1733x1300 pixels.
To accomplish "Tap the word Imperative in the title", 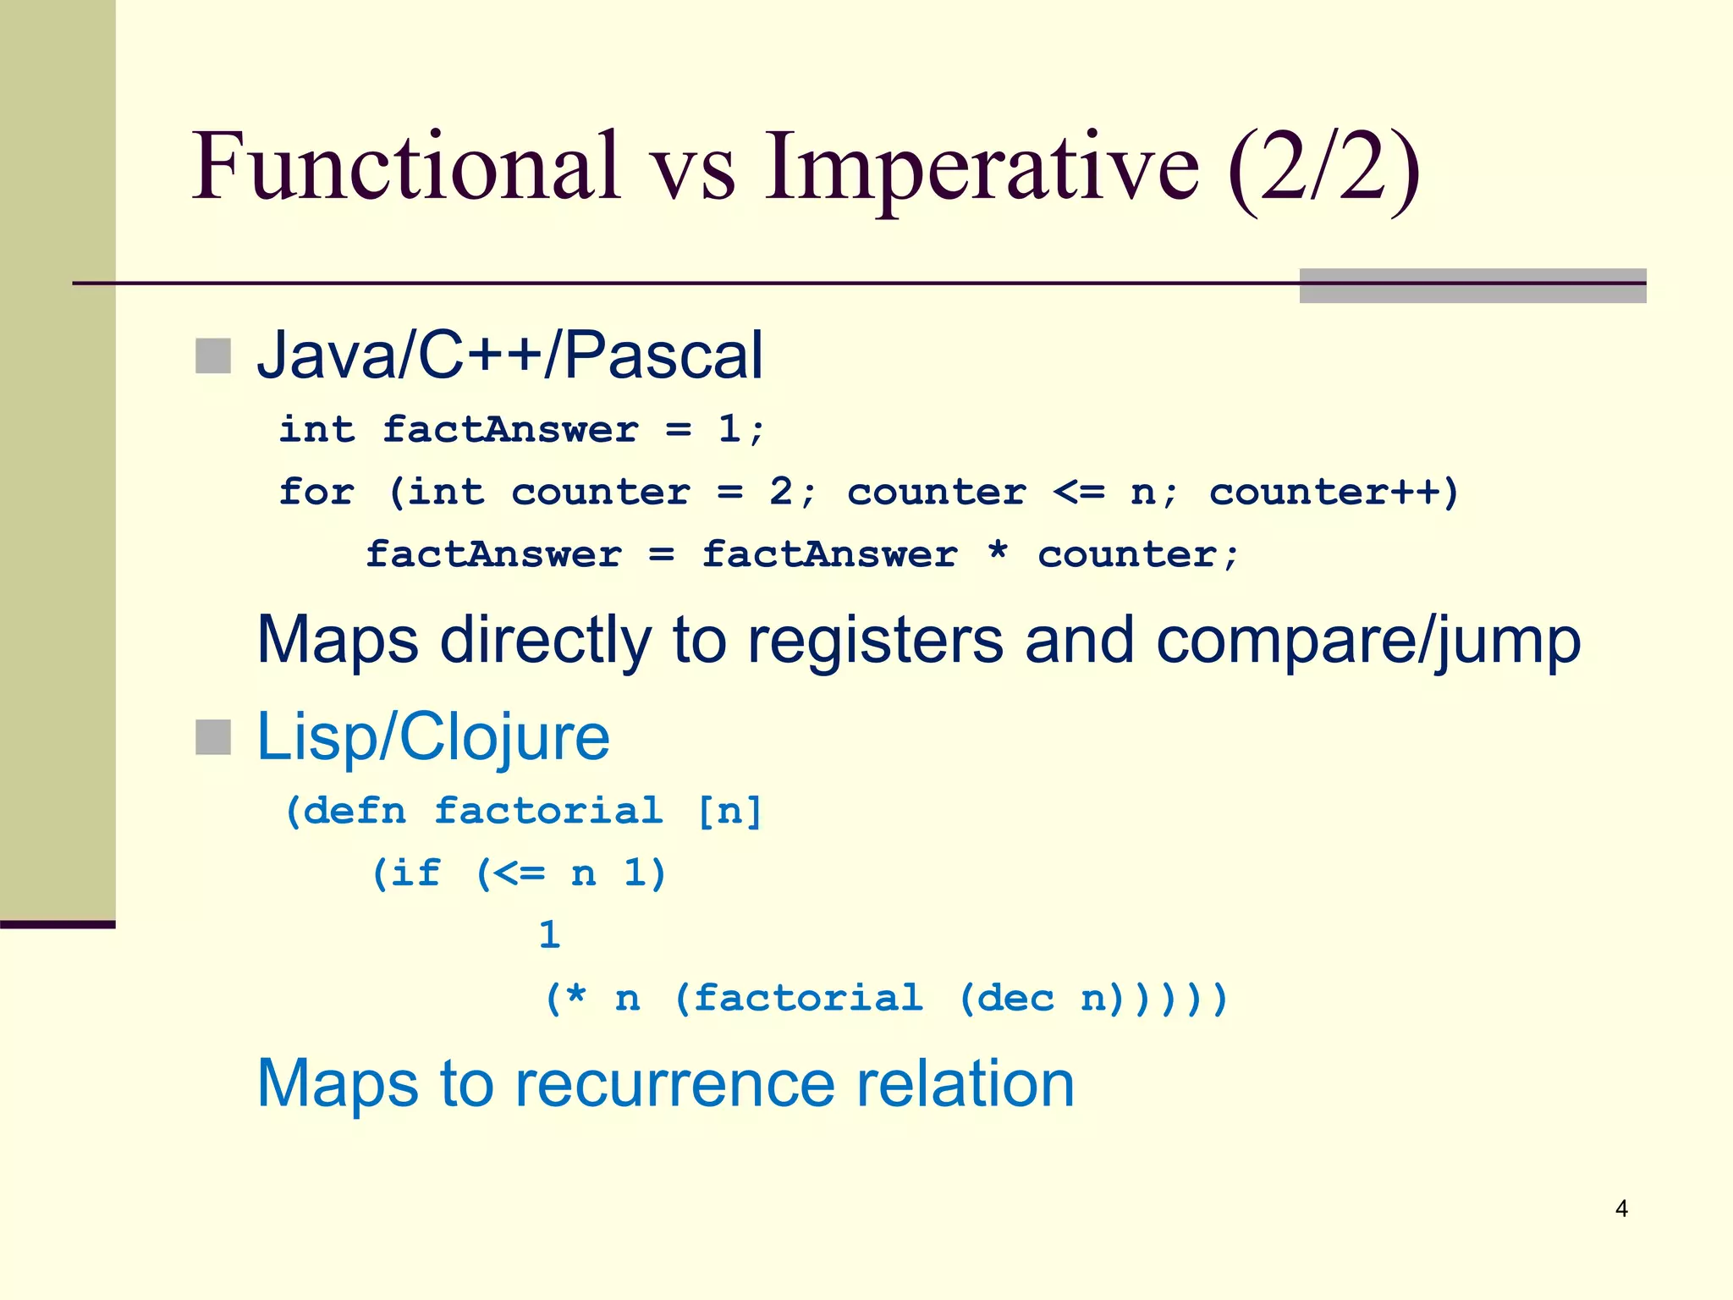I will (982, 169).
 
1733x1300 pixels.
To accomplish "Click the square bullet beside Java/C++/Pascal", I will (213, 356).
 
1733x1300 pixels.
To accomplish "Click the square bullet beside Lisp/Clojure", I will (213, 737).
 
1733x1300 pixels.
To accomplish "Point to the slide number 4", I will (1621, 1209).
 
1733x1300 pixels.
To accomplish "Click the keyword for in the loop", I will (316, 492).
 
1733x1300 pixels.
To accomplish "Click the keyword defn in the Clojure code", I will (355, 811).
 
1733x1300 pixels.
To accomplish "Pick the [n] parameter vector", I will (729, 811).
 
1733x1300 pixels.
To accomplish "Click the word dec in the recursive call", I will (1015, 999).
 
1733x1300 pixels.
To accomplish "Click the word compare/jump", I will (1368, 642).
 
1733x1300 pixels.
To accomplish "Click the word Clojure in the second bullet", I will (504, 738).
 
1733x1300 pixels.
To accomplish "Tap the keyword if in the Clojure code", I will (415, 873).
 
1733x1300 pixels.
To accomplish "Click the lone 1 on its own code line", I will (550, 935).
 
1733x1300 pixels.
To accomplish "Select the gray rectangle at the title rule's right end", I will (1472, 286).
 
